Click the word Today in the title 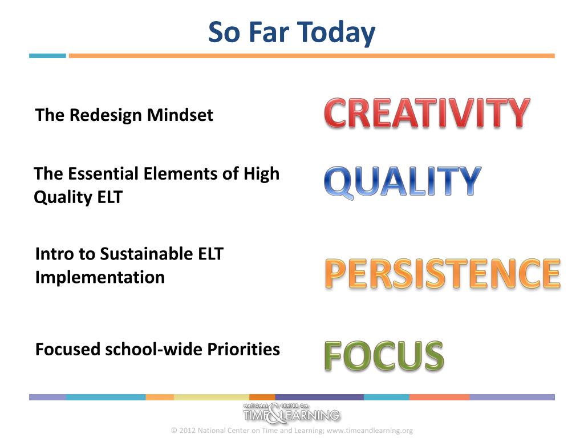pyautogui.click(x=336, y=33)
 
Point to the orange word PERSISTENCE pyautogui.click(x=443, y=273)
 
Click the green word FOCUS pyautogui.click(x=384, y=356)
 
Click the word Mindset pyautogui.click(x=180, y=115)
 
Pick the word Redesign pyautogui.click(x=106, y=115)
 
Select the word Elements pyautogui.click(x=180, y=173)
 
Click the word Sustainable pyautogui.click(x=147, y=254)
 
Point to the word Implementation pyautogui.click(x=100, y=278)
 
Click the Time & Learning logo pyautogui.click(x=291, y=413)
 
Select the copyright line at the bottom pyautogui.click(x=292, y=431)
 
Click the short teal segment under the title pyautogui.click(x=48, y=56)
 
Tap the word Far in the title pyautogui.click(x=269, y=32)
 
